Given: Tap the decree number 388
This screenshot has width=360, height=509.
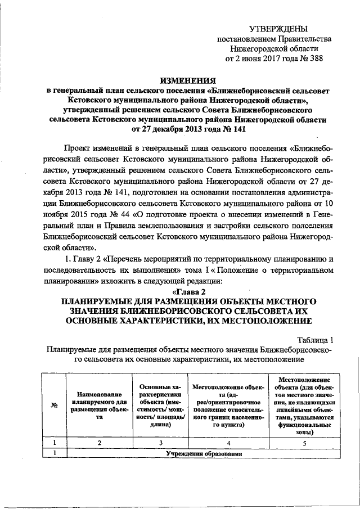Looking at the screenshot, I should tap(316, 58).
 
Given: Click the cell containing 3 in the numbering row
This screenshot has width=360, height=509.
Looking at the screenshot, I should tap(160, 443).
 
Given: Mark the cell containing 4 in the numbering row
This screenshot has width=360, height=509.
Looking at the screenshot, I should tap(228, 443).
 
